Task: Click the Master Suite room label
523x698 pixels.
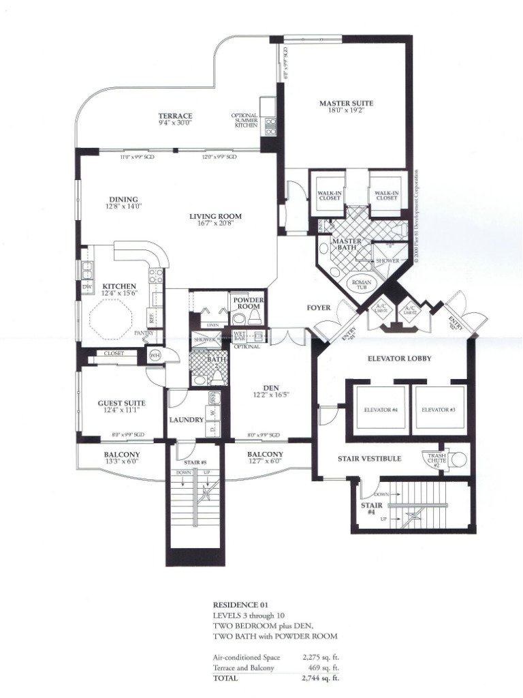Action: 347,104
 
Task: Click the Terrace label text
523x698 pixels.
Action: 175,116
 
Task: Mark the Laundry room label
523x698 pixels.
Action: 186,420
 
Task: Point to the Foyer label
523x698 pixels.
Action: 319,308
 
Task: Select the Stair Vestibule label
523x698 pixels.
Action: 369,459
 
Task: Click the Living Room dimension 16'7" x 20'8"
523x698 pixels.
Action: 215,224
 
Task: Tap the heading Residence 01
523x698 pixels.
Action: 236,605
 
